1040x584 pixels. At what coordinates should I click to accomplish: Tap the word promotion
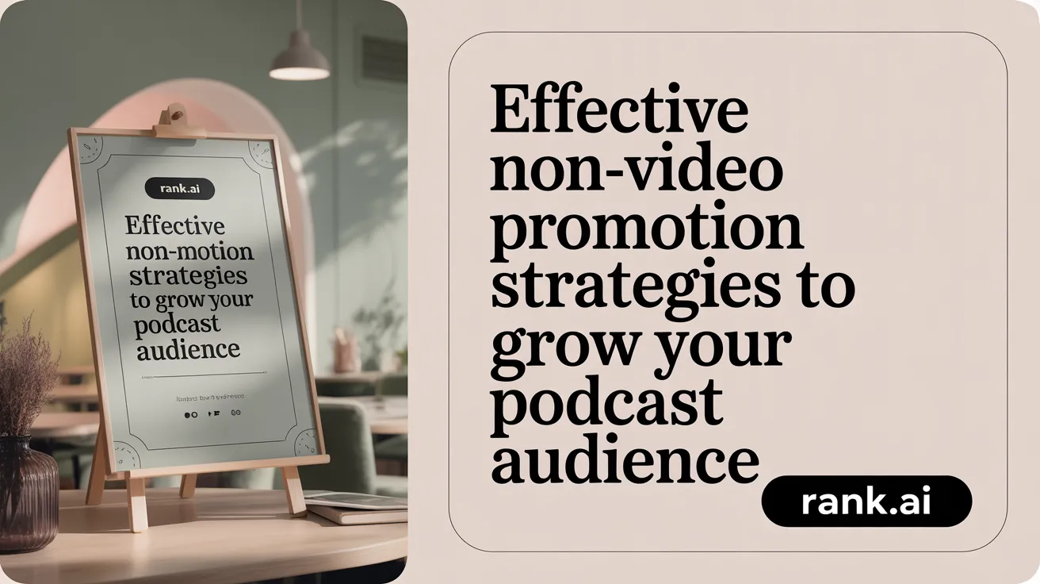click(x=646, y=232)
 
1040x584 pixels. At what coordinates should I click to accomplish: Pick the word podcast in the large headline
click(x=606, y=404)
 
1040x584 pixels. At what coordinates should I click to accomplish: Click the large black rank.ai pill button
click(x=866, y=501)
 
